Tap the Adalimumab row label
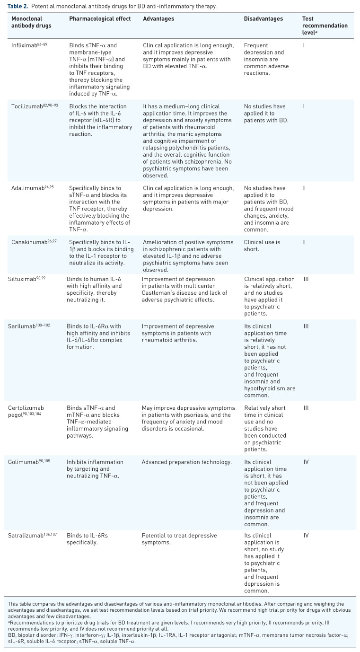(26, 188)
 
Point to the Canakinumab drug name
(28, 242)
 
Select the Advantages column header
(158, 19)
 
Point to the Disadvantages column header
(263, 19)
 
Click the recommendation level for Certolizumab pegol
(306, 408)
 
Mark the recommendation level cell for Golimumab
(306, 462)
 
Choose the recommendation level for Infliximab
(303, 45)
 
